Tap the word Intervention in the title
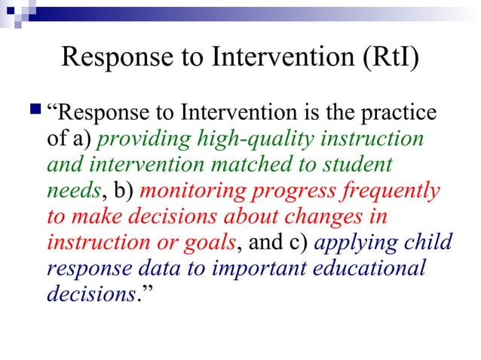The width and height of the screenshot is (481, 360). click(260, 58)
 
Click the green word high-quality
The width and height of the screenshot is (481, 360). click(258, 140)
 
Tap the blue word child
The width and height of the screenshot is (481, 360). click(429, 243)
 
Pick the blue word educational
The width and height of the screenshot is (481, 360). click(360, 269)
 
